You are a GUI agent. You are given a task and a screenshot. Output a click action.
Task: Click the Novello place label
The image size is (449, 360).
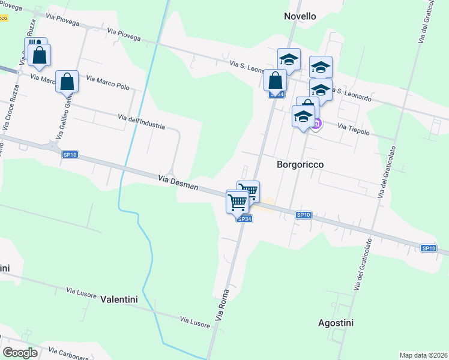pos(300,16)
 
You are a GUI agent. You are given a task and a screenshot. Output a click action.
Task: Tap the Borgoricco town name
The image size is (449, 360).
pos(301,164)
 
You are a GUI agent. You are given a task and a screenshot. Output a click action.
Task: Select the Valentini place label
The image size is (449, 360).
pos(119,299)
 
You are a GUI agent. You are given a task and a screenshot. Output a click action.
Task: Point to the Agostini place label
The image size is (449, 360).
pos(336,323)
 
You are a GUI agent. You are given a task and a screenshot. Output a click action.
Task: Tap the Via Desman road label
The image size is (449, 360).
pos(178,182)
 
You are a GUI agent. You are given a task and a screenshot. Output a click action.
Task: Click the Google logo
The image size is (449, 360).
pos(20,353)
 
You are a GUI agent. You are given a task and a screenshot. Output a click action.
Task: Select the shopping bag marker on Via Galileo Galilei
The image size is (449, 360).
pos(67,82)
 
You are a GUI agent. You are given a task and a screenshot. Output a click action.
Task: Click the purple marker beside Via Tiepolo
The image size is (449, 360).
pos(316,124)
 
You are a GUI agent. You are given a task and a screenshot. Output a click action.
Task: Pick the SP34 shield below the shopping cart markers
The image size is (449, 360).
pos(244,219)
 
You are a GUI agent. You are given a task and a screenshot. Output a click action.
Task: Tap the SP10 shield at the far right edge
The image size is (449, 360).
pos(428,248)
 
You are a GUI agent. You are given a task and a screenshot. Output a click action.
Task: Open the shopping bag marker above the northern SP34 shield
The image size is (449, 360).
pos(275,80)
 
